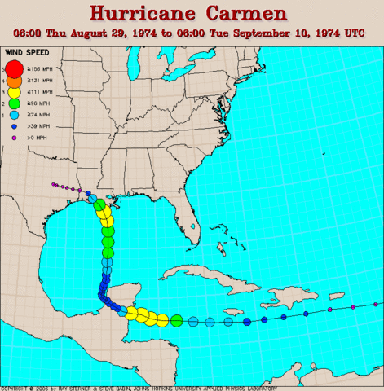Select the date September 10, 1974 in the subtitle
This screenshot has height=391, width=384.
pos(285,34)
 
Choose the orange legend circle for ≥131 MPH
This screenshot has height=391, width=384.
pos(13,82)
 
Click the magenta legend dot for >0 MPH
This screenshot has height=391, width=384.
pos(13,140)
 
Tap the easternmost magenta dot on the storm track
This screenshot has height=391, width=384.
pos(353,305)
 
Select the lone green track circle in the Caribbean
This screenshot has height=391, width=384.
pos(176,320)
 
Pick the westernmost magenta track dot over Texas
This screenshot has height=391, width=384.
pos(51,184)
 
